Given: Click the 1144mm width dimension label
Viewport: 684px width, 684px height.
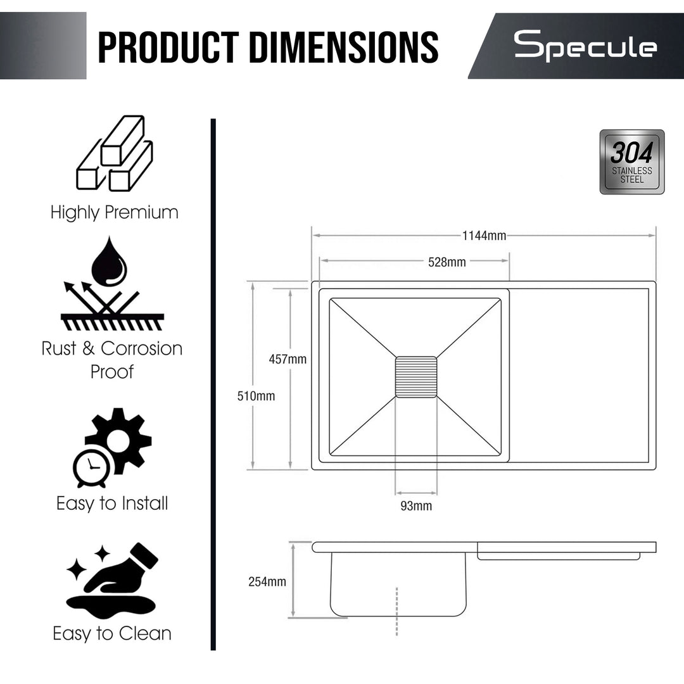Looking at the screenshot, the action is pos(484,236).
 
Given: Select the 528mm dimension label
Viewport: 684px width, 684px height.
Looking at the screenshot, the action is pos(446,262).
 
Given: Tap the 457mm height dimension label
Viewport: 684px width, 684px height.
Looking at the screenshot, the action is pos(288,359).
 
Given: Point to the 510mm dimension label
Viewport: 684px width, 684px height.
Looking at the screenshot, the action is pos(256,396).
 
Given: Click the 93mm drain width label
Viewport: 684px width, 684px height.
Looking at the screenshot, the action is pos(416,505).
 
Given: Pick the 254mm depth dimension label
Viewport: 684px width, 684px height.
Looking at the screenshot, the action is pos(267,581).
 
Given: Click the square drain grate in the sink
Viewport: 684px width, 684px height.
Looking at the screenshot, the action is pos(416,377).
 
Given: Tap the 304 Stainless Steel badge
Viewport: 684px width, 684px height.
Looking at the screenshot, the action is pos(631,162).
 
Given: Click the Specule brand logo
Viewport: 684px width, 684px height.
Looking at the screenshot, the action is pos(585,46).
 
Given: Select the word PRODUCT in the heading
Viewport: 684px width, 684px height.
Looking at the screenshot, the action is pos(168,47).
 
